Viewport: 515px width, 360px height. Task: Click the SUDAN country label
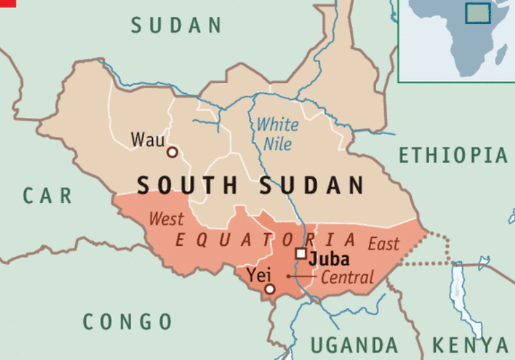click(x=176, y=25)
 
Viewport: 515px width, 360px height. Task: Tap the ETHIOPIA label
click(x=453, y=156)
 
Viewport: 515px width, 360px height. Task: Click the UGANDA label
click(x=354, y=345)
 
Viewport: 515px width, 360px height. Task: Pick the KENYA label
click(x=470, y=345)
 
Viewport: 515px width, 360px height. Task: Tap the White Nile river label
click(x=278, y=133)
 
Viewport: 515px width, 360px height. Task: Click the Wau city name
click(x=146, y=139)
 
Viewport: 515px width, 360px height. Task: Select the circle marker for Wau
click(x=172, y=153)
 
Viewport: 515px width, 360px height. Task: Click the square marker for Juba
click(x=301, y=253)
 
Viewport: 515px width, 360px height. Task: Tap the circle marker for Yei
click(x=270, y=289)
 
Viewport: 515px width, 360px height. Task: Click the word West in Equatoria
click(x=166, y=219)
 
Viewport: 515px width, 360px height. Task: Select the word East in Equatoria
click(x=383, y=243)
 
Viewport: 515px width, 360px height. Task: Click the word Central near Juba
click(x=347, y=277)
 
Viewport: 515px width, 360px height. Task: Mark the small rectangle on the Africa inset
click(x=477, y=13)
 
